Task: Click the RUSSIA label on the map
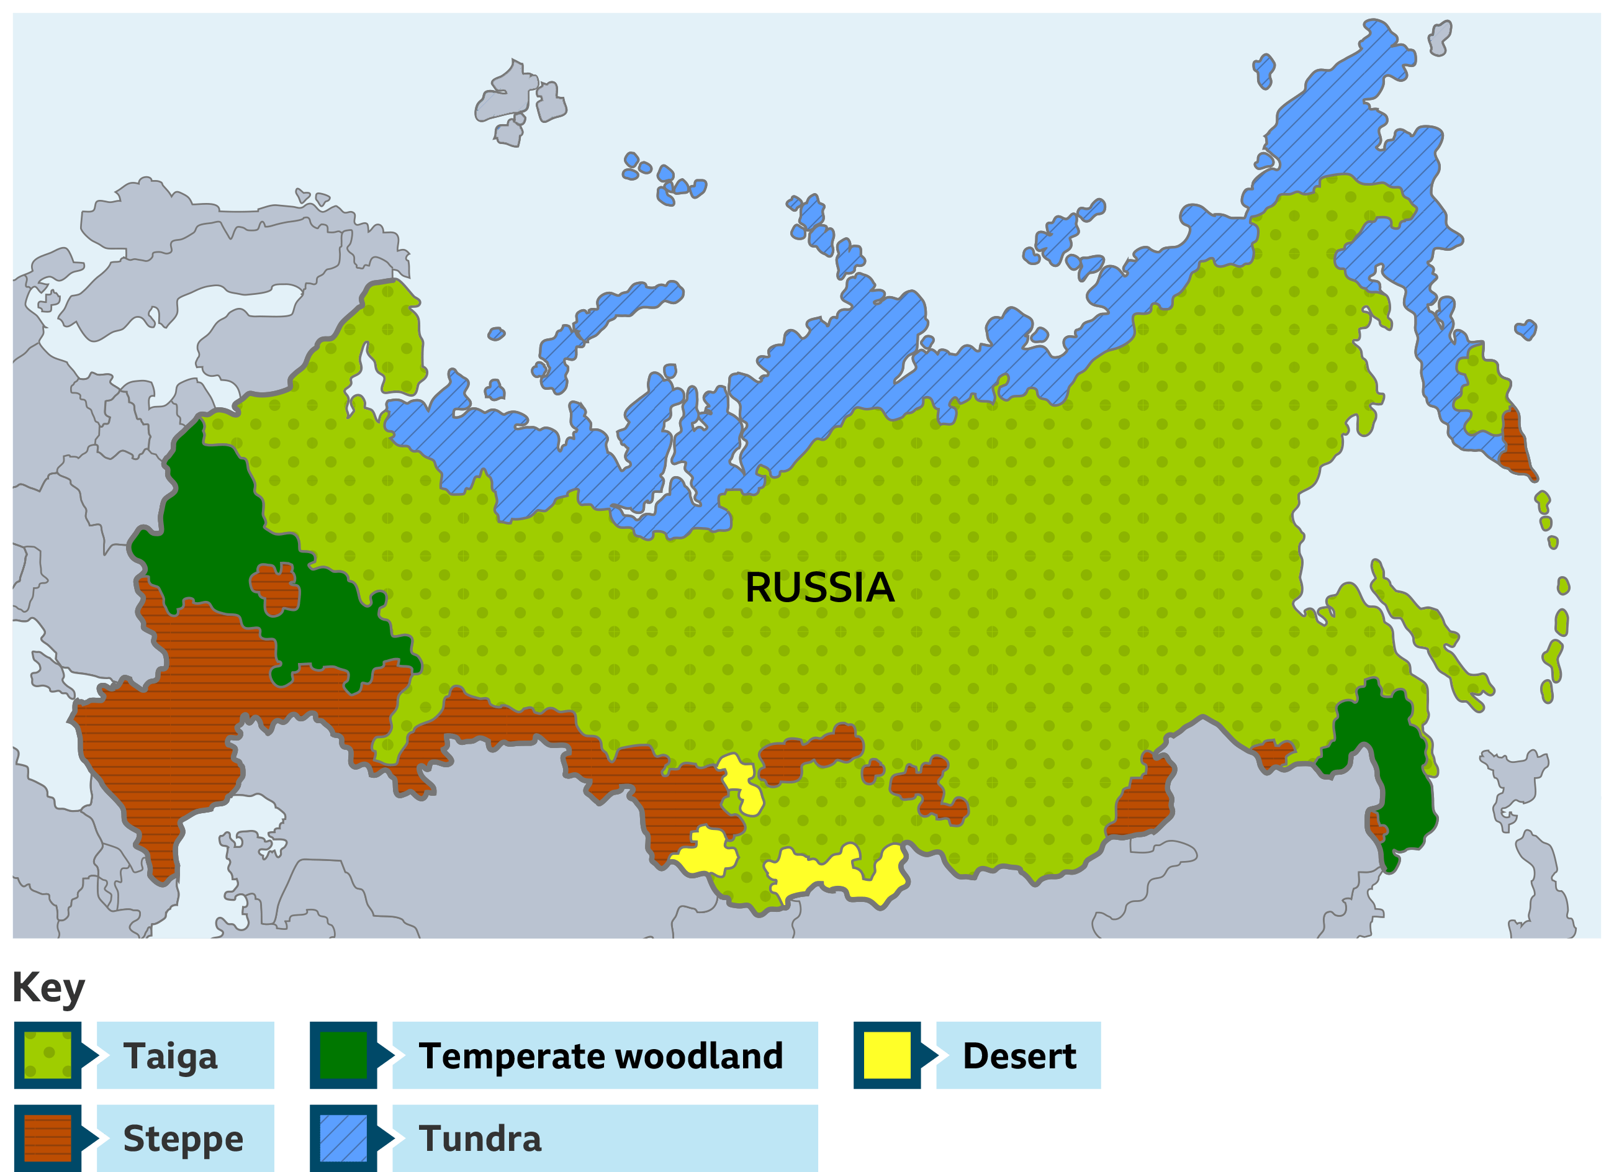(819, 588)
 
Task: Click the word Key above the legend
(48, 988)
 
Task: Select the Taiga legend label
(171, 1055)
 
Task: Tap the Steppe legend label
(183, 1138)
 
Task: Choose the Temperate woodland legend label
(601, 1055)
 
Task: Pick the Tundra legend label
(480, 1138)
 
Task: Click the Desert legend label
(1019, 1055)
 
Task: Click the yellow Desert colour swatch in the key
(886, 1055)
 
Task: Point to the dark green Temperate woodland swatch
(343, 1055)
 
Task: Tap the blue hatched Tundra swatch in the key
(343, 1138)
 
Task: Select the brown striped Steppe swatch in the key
(48, 1138)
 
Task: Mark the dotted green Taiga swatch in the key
(48, 1055)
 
